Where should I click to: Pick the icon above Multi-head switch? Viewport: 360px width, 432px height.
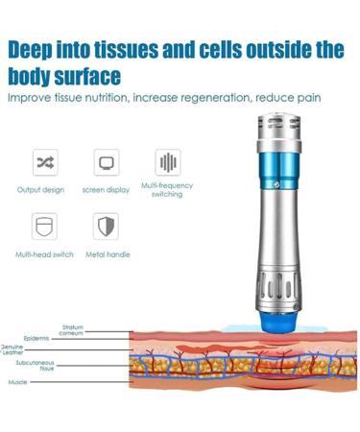(45, 227)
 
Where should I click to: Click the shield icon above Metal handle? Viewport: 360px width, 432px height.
(107, 227)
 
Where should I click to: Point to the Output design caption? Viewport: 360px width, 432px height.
(42, 189)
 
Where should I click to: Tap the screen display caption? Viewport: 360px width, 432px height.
(106, 189)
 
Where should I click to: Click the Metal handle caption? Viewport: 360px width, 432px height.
(108, 254)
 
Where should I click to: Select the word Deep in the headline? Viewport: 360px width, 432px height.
(37, 49)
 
